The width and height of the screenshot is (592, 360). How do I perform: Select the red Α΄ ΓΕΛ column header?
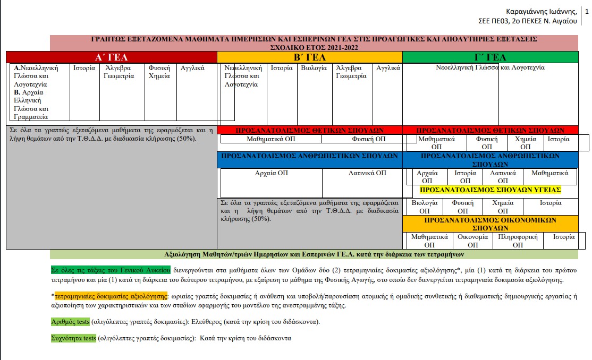[111, 57]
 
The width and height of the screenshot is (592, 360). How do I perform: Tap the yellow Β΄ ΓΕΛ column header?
[310, 57]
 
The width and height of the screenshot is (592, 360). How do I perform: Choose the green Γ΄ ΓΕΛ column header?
[489, 57]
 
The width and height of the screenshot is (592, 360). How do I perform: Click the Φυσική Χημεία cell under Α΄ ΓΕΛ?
[159, 72]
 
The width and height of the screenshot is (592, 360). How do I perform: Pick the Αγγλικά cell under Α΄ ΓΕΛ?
[192, 68]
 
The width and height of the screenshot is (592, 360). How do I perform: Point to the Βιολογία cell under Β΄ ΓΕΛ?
[314, 68]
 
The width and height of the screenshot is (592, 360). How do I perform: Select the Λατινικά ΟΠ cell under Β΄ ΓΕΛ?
[367, 173]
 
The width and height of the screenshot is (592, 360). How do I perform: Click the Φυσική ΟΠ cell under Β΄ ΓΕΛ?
[369, 139]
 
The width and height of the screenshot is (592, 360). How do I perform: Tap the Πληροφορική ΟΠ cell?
[518, 241]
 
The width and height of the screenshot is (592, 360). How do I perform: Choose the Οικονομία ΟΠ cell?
[472, 241]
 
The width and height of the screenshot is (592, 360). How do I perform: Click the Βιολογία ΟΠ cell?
[425, 207]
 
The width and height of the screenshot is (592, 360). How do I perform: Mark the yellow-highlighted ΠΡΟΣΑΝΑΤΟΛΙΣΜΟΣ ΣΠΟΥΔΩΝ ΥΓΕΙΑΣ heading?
[490, 190]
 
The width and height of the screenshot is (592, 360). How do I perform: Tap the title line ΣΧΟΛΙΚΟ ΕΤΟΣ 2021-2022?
[314, 47]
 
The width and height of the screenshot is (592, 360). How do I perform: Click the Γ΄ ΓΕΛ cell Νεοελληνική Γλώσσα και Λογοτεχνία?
[490, 68]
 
